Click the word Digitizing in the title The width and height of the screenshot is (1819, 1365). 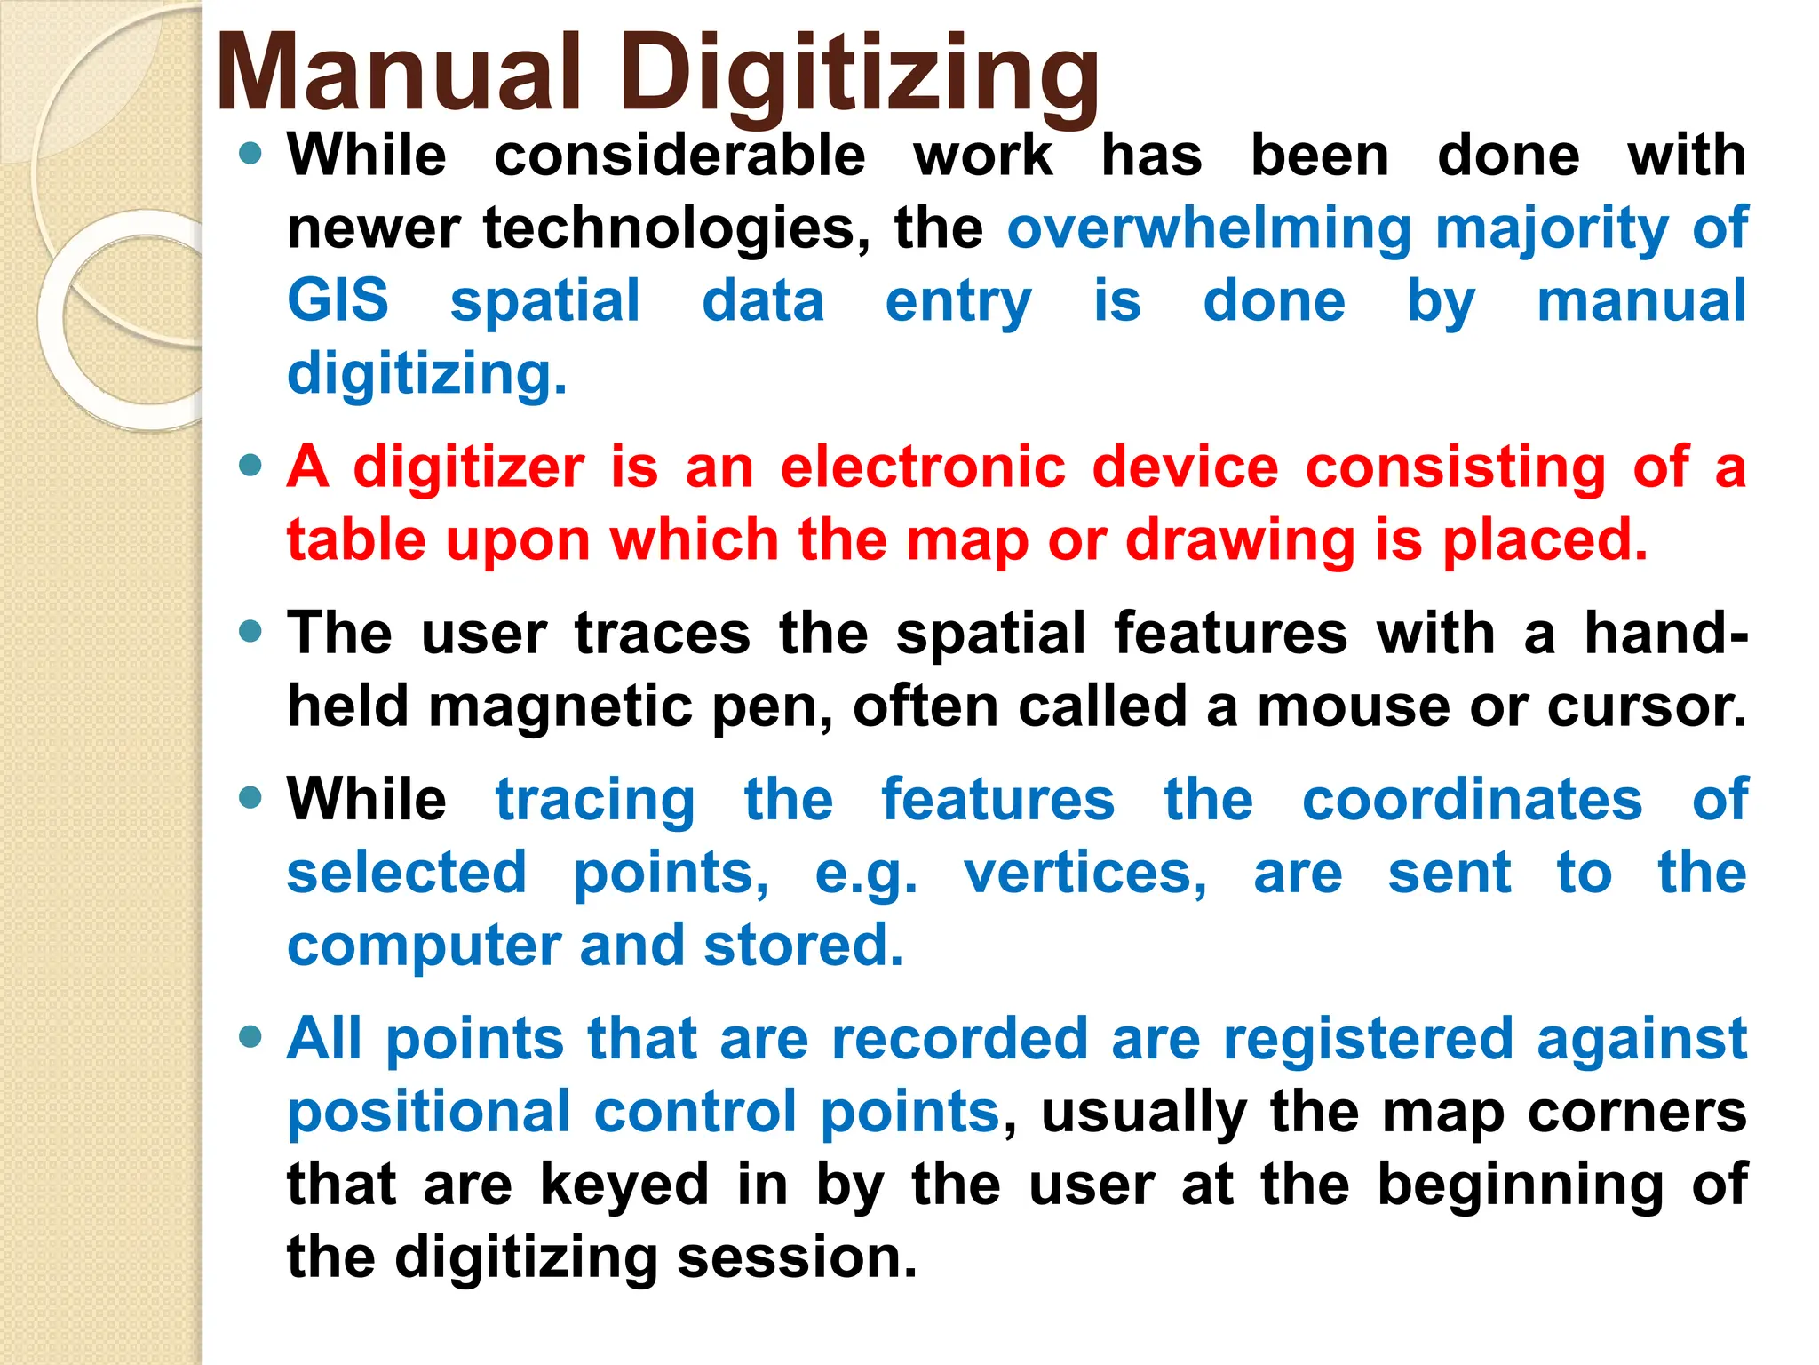pyautogui.click(x=859, y=76)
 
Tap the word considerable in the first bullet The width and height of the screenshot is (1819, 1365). pyautogui.click(x=679, y=156)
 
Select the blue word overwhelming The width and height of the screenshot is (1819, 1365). pyautogui.click(x=1209, y=229)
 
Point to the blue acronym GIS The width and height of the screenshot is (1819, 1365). pyautogui.click(x=338, y=300)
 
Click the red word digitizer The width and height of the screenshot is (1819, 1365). pyautogui.click(x=469, y=468)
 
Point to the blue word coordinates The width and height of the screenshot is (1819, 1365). pyautogui.click(x=1473, y=800)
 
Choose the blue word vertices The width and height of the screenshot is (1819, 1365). pyautogui.click(x=1085, y=874)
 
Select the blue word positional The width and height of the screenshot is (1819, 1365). pyautogui.click(x=429, y=1112)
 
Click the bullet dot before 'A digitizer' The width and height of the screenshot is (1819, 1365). pyautogui.click(x=251, y=466)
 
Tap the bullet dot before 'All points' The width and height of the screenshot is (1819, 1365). pyautogui.click(x=251, y=1036)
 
